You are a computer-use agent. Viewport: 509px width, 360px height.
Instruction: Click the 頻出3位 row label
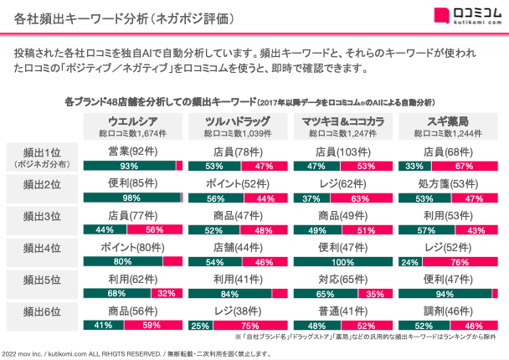coord(41,215)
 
